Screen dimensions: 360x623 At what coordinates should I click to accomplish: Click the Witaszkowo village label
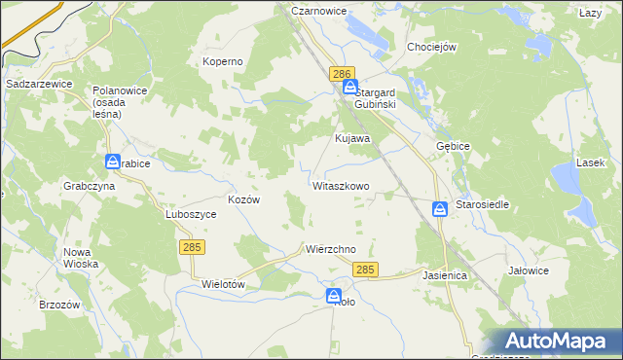coord(341,185)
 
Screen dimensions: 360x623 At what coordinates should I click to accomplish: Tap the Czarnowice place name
coord(319,10)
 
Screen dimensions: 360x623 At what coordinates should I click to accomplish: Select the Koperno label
coord(222,61)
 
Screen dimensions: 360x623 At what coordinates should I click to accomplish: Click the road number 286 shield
coord(341,74)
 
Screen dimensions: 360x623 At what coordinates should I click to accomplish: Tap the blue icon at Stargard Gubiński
coord(349,87)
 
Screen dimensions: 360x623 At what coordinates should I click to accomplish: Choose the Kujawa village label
coord(352,138)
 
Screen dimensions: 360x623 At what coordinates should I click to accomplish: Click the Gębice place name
coord(454,145)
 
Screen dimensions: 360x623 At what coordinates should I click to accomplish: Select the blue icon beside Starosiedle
coord(440,208)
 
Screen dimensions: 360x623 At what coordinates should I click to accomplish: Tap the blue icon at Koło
coord(334,296)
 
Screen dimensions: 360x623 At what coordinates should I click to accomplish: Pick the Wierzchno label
coord(330,249)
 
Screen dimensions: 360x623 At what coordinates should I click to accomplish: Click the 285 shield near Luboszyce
coord(191,249)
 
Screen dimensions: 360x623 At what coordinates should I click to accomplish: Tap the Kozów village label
coord(243,198)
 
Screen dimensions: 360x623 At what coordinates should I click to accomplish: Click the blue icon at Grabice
coord(113,162)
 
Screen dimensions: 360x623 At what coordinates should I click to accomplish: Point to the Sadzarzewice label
coord(39,85)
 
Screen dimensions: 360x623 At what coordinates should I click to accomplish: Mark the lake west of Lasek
coord(565,180)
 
